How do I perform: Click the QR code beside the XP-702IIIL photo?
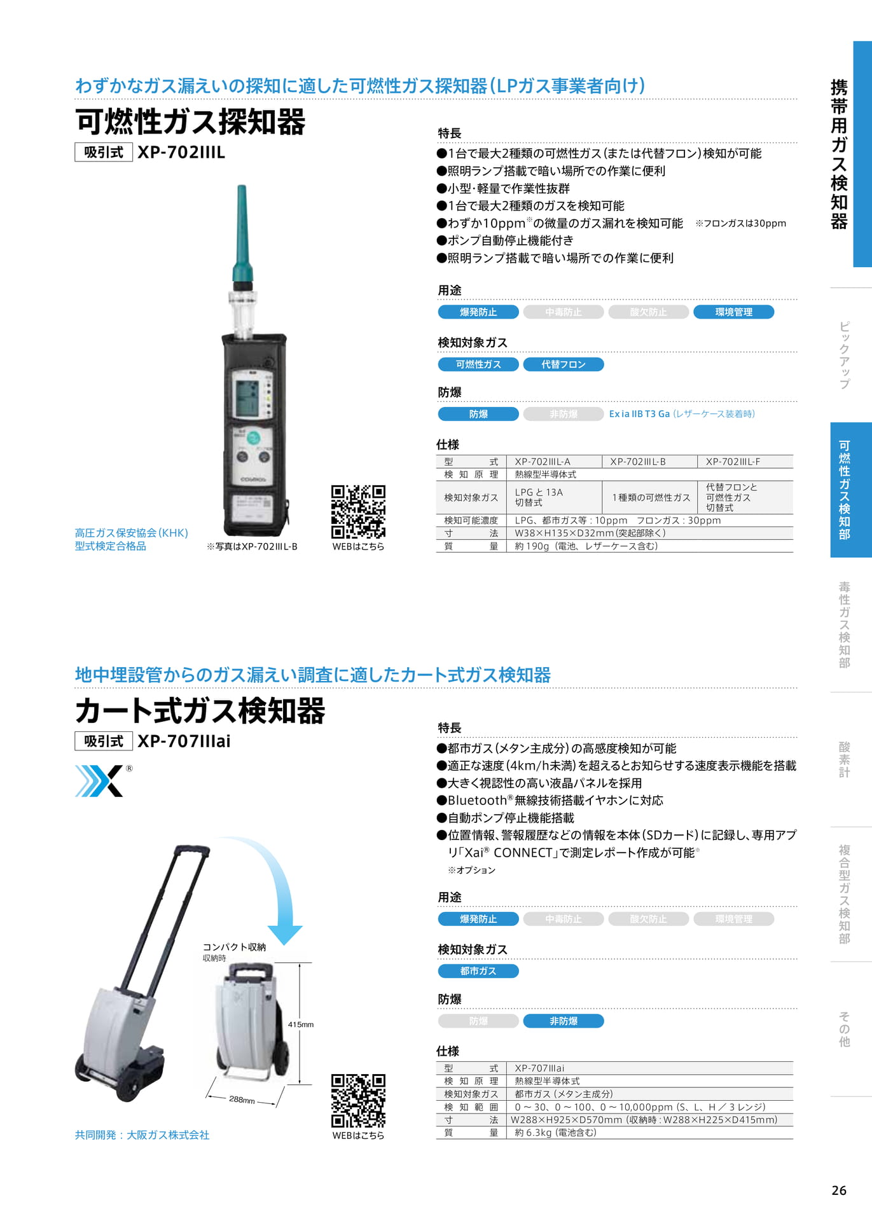pyautogui.click(x=358, y=512)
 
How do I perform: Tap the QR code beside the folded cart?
pyautogui.click(x=358, y=1101)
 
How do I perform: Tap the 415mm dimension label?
pyautogui.click(x=301, y=1024)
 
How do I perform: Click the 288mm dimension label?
pyautogui.click(x=242, y=1100)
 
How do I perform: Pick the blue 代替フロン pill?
pyautogui.click(x=564, y=364)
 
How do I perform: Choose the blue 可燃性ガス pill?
pyautogui.click(x=478, y=364)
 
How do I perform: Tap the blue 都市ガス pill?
pyautogui.click(x=478, y=971)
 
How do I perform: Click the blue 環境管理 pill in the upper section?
pyautogui.click(x=734, y=312)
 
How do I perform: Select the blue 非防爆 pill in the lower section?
pyautogui.click(x=564, y=1021)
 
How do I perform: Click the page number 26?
pyautogui.click(x=839, y=1190)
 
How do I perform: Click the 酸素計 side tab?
pyautogui.click(x=845, y=759)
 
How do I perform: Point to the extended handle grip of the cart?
pyautogui.click(x=191, y=851)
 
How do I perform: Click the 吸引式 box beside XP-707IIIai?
pyautogui.click(x=104, y=742)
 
